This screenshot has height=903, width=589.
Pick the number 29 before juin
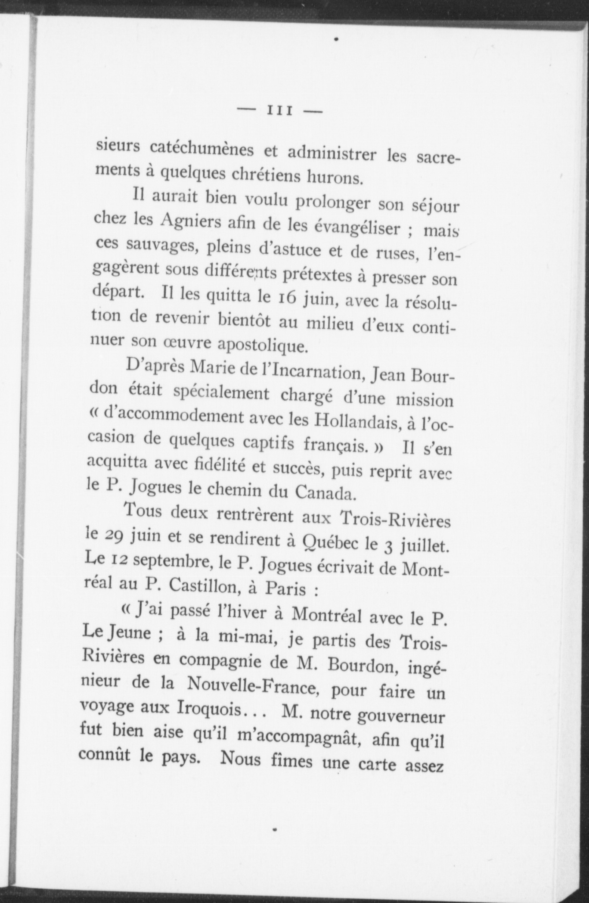pos(113,536)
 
